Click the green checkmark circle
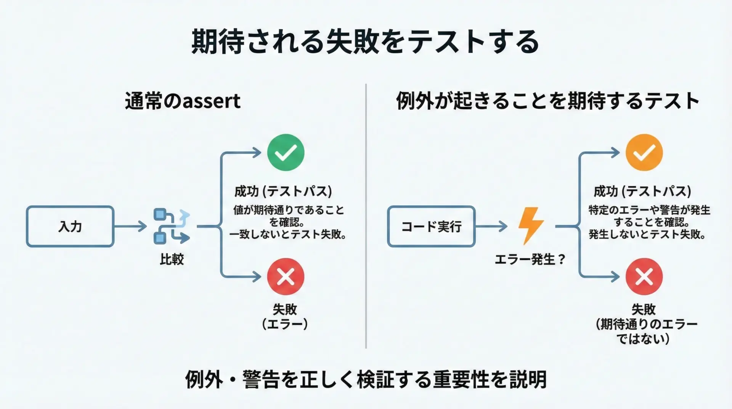pyautogui.click(x=286, y=153)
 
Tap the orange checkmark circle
pyautogui.click(x=644, y=153)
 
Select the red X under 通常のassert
pyautogui.click(x=286, y=277)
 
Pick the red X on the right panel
pyautogui.click(x=644, y=277)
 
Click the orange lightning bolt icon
pyautogui.click(x=531, y=226)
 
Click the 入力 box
pyautogui.click(x=70, y=226)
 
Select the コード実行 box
pyautogui.click(x=431, y=226)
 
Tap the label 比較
pyautogui.click(x=172, y=259)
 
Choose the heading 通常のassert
pyautogui.click(x=183, y=101)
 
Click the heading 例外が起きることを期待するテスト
pyautogui.click(x=548, y=101)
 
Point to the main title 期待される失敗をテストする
pyautogui.click(x=365, y=41)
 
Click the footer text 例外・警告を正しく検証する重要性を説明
pyautogui.click(x=366, y=379)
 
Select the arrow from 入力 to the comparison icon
pyautogui.click(x=130, y=226)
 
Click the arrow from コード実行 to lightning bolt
pyautogui.click(x=491, y=226)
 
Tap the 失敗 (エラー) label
pyautogui.click(x=285, y=316)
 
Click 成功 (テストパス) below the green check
pyautogui.click(x=283, y=191)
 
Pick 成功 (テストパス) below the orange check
pyautogui.click(x=642, y=191)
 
